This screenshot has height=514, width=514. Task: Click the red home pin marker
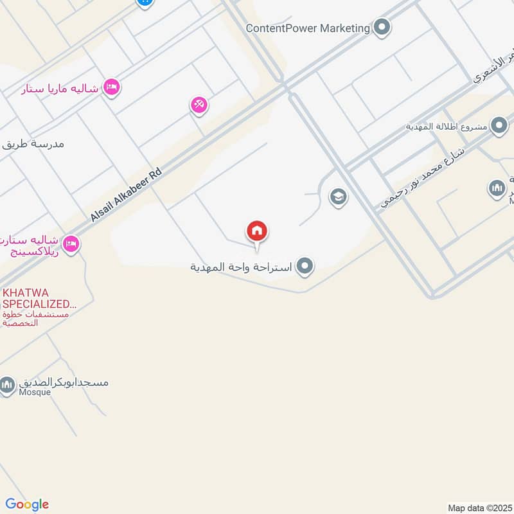(x=257, y=231)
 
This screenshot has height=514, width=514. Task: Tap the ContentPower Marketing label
(x=308, y=28)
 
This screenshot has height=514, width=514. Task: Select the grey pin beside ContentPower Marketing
(x=382, y=27)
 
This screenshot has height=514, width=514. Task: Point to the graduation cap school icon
(x=338, y=197)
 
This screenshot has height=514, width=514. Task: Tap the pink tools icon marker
(x=199, y=105)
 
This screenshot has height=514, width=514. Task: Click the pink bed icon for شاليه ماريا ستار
(x=112, y=87)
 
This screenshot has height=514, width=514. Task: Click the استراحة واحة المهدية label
(x=242, y=266)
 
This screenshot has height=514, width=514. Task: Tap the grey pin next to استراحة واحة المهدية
(x=305, y=265)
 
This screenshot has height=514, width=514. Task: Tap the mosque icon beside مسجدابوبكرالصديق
(x=7, y=385)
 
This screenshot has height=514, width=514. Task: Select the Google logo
(x=27, y=504)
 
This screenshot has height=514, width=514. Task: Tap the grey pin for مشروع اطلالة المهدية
(x=499, y=125)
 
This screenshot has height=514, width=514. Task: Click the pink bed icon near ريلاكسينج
(x=71, y=244)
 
